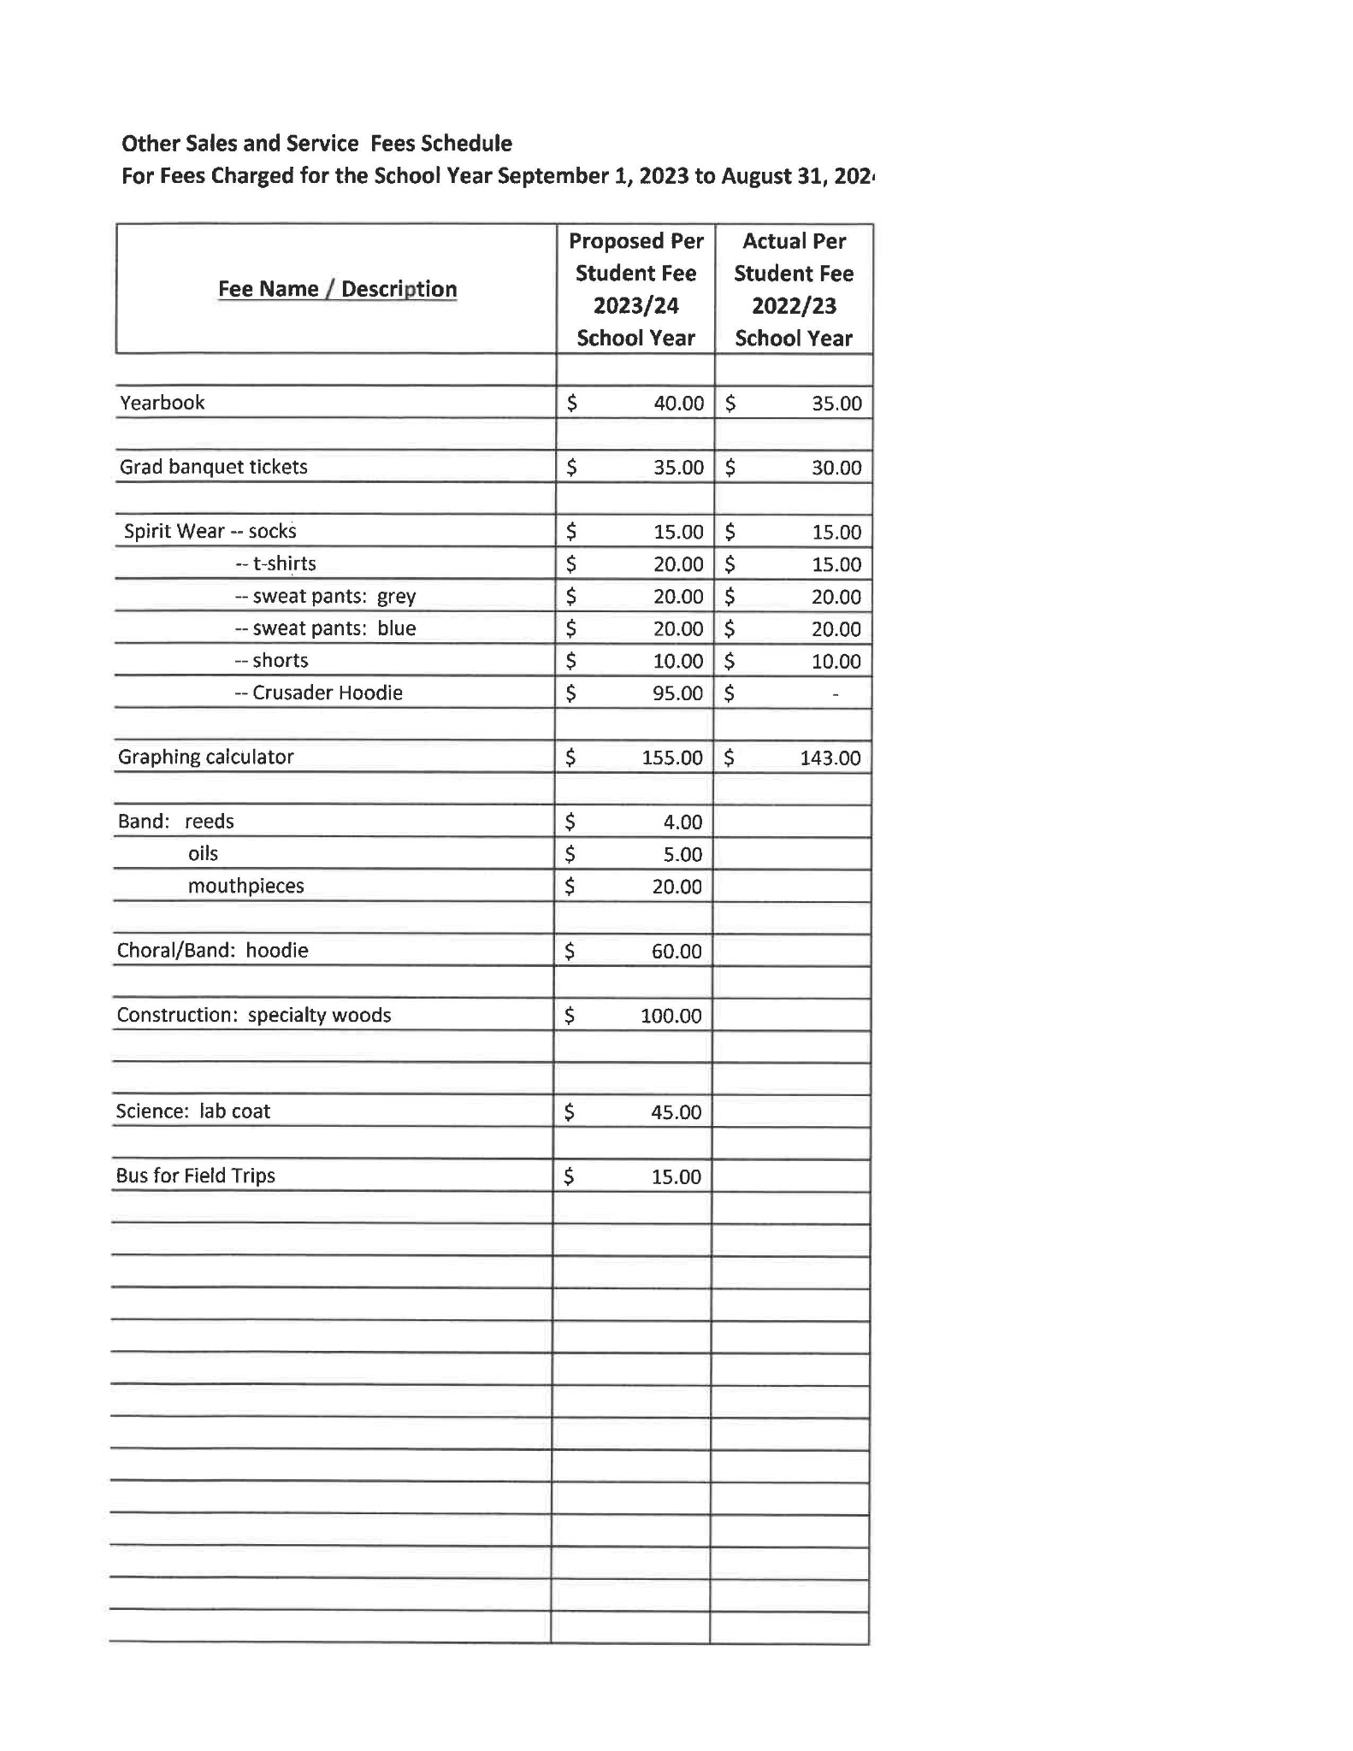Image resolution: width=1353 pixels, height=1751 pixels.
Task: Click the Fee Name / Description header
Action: coord(337,289)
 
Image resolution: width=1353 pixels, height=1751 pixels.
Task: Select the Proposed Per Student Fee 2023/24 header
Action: coord(635,289)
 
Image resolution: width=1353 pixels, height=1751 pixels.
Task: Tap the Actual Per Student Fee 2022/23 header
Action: coord(794,289)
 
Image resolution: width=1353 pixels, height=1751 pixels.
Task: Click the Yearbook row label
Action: coord(162,403)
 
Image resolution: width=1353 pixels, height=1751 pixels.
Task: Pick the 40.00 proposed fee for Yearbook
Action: coord(678,404)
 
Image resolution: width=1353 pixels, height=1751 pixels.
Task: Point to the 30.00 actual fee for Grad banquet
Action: coord(836,468)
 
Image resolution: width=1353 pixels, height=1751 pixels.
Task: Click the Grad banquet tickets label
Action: coord(213,467)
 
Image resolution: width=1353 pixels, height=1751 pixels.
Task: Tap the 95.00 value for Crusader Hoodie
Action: coord(677,693)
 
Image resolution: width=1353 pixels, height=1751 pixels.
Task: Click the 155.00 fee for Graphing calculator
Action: coord(672,758)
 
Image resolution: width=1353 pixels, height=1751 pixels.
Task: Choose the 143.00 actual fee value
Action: coord(830,758)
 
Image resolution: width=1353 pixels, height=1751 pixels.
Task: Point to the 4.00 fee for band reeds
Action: coord(682,822)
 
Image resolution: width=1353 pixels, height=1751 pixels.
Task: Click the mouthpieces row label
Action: coord(245,886)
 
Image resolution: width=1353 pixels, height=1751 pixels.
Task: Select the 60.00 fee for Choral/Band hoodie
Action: coord(676,952)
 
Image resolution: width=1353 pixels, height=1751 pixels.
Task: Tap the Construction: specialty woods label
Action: coord(253,1015)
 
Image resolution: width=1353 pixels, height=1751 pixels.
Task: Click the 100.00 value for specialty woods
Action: coord(671,1016)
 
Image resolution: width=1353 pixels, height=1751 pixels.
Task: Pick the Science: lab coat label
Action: coord(192,1111)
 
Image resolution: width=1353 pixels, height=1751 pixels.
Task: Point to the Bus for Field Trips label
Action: coord(195,1176)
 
